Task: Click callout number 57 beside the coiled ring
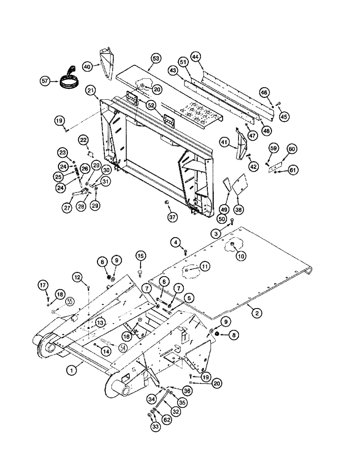(45, 81)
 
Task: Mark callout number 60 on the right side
(291, 149)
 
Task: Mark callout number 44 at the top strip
(195, 57)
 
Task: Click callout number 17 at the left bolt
(42, 285)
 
